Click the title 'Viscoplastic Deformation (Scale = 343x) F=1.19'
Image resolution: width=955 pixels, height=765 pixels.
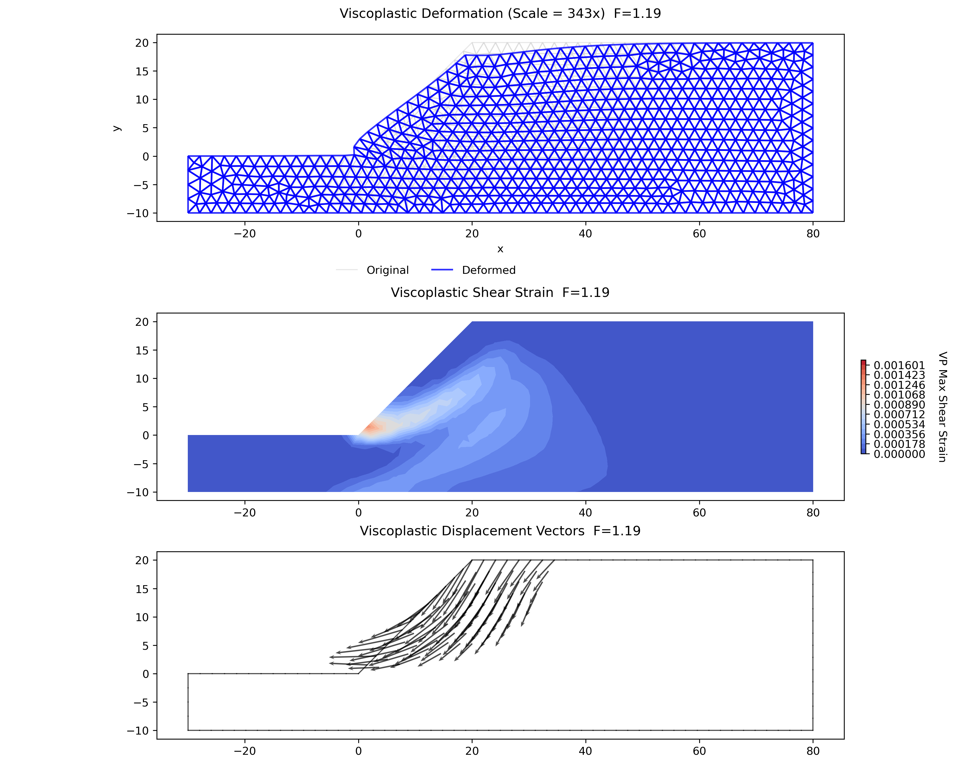500,14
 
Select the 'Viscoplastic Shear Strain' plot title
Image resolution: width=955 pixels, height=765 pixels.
472,293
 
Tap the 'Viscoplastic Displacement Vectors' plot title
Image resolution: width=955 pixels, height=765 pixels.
472,531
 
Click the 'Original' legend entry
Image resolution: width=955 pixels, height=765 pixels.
388,270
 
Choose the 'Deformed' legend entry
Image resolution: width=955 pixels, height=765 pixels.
489,270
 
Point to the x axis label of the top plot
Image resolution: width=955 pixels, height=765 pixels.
500,249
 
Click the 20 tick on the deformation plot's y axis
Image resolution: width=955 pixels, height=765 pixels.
142,43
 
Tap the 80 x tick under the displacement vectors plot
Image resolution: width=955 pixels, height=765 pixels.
813,751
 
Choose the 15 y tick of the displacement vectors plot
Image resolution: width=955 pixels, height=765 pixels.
142,589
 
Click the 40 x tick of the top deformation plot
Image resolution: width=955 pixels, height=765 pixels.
585,234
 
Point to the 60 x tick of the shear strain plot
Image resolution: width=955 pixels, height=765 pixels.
699,513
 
